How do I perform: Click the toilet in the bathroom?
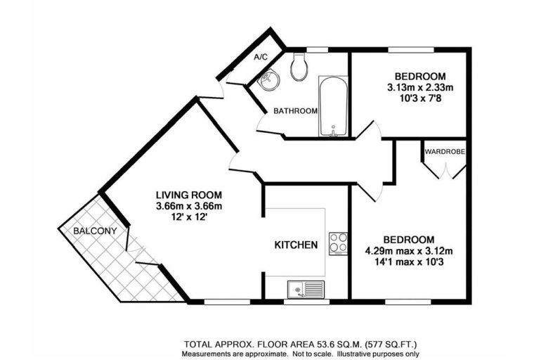[299, 67]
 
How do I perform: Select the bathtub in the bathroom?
[333, 106]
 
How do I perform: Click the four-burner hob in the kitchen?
[338, 244]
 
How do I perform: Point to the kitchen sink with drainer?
[306, 290]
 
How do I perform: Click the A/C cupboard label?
[261, 57]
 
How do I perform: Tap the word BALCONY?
[95, 231]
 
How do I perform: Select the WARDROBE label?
[445, 152]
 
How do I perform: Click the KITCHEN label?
[296, 245]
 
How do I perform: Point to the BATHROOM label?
[296, 111]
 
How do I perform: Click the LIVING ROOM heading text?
[189, 195]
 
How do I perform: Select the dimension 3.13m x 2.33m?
[420, 88]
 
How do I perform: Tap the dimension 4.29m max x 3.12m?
[409, 251]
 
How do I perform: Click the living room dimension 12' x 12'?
[189, 217]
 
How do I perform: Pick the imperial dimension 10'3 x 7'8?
[420, 99]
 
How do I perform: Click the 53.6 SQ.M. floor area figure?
[324, 344]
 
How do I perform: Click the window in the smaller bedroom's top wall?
[411, 50]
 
